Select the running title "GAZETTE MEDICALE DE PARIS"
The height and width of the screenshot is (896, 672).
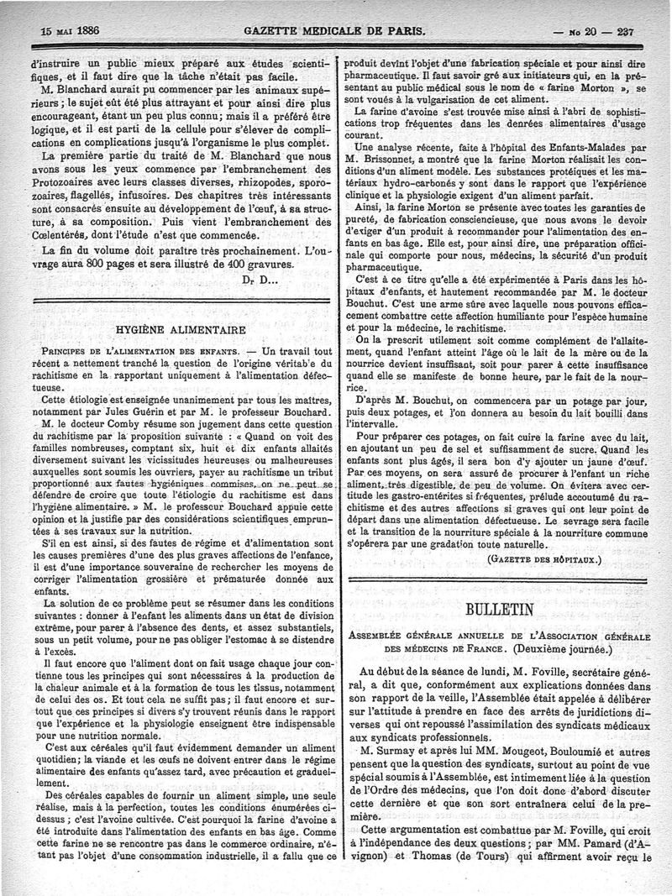[334, 32]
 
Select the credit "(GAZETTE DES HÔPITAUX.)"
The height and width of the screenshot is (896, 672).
[546, 558]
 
